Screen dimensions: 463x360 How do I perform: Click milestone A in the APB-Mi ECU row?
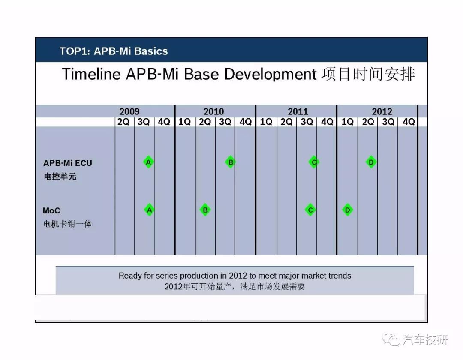coord(148,162)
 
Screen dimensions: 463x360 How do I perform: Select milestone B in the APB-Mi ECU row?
coord(230,162)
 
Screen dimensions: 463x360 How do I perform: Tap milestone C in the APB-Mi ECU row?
coord(314,162)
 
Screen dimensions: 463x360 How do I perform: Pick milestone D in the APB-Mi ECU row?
coord(371,162)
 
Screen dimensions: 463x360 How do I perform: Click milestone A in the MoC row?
coord(150,210)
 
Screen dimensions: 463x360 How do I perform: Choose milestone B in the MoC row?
coord(205,210)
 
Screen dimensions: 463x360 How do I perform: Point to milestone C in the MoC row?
coord(310,210)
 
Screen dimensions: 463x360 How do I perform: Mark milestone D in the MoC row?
coord(348,210)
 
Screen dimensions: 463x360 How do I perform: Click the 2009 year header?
coord(129,111)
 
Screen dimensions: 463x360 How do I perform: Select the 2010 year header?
coord(214,111)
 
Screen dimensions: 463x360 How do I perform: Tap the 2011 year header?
coord(298,111)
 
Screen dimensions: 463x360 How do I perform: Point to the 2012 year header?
coord(382,111)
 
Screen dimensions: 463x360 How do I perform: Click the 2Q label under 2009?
coord(123,122)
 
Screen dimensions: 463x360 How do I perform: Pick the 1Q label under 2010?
coord(184,122)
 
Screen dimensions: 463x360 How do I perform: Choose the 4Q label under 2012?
coord(409,122)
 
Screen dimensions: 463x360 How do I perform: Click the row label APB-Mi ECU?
coord(68,163)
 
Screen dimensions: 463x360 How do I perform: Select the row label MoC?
coord(51,210)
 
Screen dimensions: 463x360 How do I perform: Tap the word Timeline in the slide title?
coord(91,74)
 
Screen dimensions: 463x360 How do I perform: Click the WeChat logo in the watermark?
coord(391,339)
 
